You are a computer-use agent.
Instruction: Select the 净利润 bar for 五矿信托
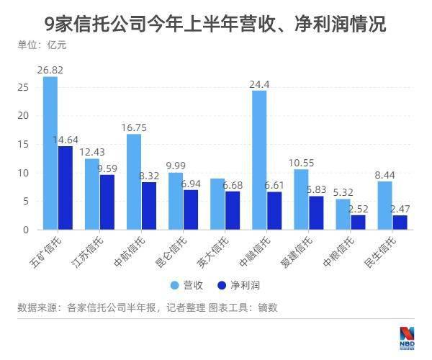click(x=65, y=188)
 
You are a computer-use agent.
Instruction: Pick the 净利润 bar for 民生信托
click(x=400, y=222)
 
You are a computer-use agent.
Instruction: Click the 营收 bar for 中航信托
click(x=133, y=181)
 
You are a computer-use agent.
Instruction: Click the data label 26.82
click(x=51, y=70)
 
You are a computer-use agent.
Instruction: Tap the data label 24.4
click(x=260, y=84)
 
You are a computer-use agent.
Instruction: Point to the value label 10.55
click(x=302, y=163)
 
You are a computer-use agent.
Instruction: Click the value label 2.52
click(x=358, y=209)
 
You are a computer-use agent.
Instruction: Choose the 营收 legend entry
click(x=188, y=285)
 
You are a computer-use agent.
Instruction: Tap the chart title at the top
click(x=215, y=24)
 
